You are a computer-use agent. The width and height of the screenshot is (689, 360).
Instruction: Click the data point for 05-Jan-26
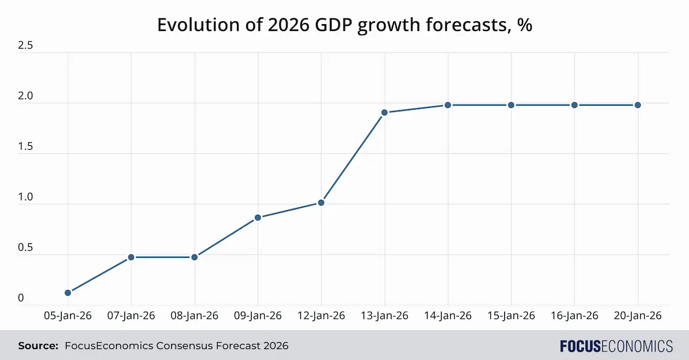point(68,293)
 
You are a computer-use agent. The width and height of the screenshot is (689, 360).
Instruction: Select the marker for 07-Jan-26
point(131,257)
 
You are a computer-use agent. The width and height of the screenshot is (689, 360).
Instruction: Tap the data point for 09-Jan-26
point(258,218)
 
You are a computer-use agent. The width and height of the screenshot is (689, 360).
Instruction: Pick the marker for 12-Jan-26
point(321,203)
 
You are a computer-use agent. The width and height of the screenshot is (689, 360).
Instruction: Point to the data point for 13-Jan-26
point(385,113)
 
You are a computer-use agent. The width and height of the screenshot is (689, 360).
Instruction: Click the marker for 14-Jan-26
point(448,105)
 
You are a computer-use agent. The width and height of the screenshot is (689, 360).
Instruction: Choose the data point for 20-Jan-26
point(637,105)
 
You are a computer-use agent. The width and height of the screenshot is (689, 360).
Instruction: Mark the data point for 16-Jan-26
point(574,105)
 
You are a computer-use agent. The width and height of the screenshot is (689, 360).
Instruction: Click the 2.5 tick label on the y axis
point(25,46)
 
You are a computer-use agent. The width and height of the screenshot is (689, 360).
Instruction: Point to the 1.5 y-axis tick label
point(25,147)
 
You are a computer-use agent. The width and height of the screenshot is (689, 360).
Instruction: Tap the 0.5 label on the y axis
point(25,248)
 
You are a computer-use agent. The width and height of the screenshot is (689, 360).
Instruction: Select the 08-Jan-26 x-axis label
point(195,316)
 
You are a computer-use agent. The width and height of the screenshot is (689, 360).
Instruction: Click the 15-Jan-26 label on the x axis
point(511,316)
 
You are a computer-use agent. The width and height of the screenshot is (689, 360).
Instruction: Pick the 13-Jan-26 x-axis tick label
point(385,316)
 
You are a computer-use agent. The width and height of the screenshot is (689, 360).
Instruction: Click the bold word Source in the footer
point(38,346)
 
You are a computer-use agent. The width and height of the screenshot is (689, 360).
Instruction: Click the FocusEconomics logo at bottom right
point(616,346)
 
